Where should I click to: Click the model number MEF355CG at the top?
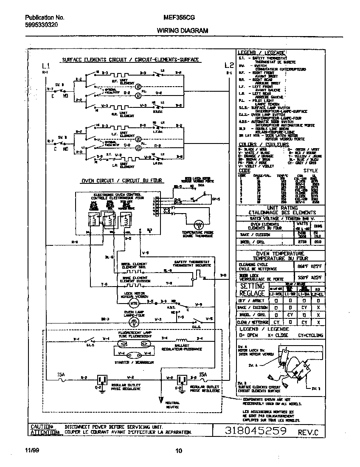179,18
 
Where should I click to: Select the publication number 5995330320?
41,25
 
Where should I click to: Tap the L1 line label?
45,66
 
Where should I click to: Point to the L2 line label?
229,65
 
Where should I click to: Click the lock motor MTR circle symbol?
134,304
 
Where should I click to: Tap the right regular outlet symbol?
182,379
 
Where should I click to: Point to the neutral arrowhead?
161,399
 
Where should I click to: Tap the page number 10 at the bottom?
179,451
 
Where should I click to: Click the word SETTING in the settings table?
253,286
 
